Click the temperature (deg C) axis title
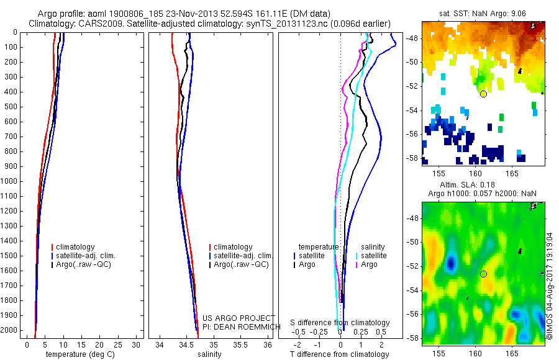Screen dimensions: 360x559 point(79,354)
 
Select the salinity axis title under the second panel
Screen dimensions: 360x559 point(209,354)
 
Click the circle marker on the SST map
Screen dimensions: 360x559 point(483,94)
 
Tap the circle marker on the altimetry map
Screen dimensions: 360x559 point(483,274)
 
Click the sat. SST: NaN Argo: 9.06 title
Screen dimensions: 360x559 point(484,13)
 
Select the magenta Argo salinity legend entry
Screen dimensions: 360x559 point(369,264)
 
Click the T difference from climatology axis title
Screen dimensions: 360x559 point(339,354)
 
